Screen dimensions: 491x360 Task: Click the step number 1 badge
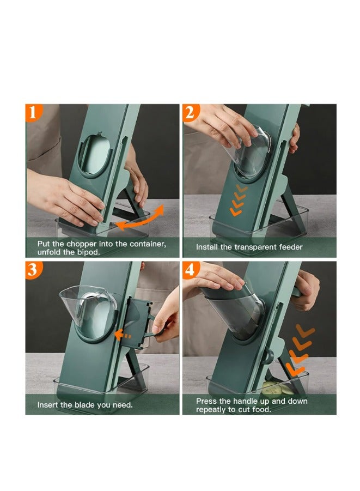coord(34,113)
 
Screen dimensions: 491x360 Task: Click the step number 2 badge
coord(191,113)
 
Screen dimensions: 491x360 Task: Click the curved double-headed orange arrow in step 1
coord(141,219)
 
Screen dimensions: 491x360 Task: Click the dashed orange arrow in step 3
coord(125,336)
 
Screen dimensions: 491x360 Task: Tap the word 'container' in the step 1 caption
coord(146,244)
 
